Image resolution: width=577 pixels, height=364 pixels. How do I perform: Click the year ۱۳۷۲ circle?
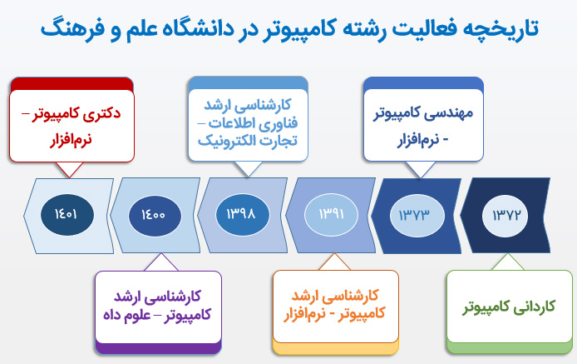(x=505, y=216)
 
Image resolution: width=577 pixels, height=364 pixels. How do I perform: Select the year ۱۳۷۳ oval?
(x=417, y=216)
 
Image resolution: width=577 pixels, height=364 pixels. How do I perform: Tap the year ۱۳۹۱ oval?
(x=331, y=215)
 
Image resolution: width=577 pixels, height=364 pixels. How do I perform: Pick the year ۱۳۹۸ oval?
(x=243, y=215)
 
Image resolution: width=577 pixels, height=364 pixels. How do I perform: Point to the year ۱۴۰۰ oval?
(x=155, y=216)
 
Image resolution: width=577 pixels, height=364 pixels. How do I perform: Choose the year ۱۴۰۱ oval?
(x=67, y=215)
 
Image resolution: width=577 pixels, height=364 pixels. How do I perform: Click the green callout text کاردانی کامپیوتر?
(x=509, y=307)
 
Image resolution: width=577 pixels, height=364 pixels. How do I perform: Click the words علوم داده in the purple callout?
(x=126, y=316)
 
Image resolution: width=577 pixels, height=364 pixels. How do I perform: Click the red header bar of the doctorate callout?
(x=72, y=84)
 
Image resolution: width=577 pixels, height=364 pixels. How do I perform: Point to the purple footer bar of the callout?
(x=158, y=348)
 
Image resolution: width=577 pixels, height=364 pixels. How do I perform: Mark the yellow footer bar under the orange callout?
(x=336, y=347)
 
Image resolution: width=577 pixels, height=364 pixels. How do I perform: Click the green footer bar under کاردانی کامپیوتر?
(x=510, y=347)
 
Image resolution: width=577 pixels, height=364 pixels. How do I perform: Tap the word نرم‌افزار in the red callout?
(x=71, y=141)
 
